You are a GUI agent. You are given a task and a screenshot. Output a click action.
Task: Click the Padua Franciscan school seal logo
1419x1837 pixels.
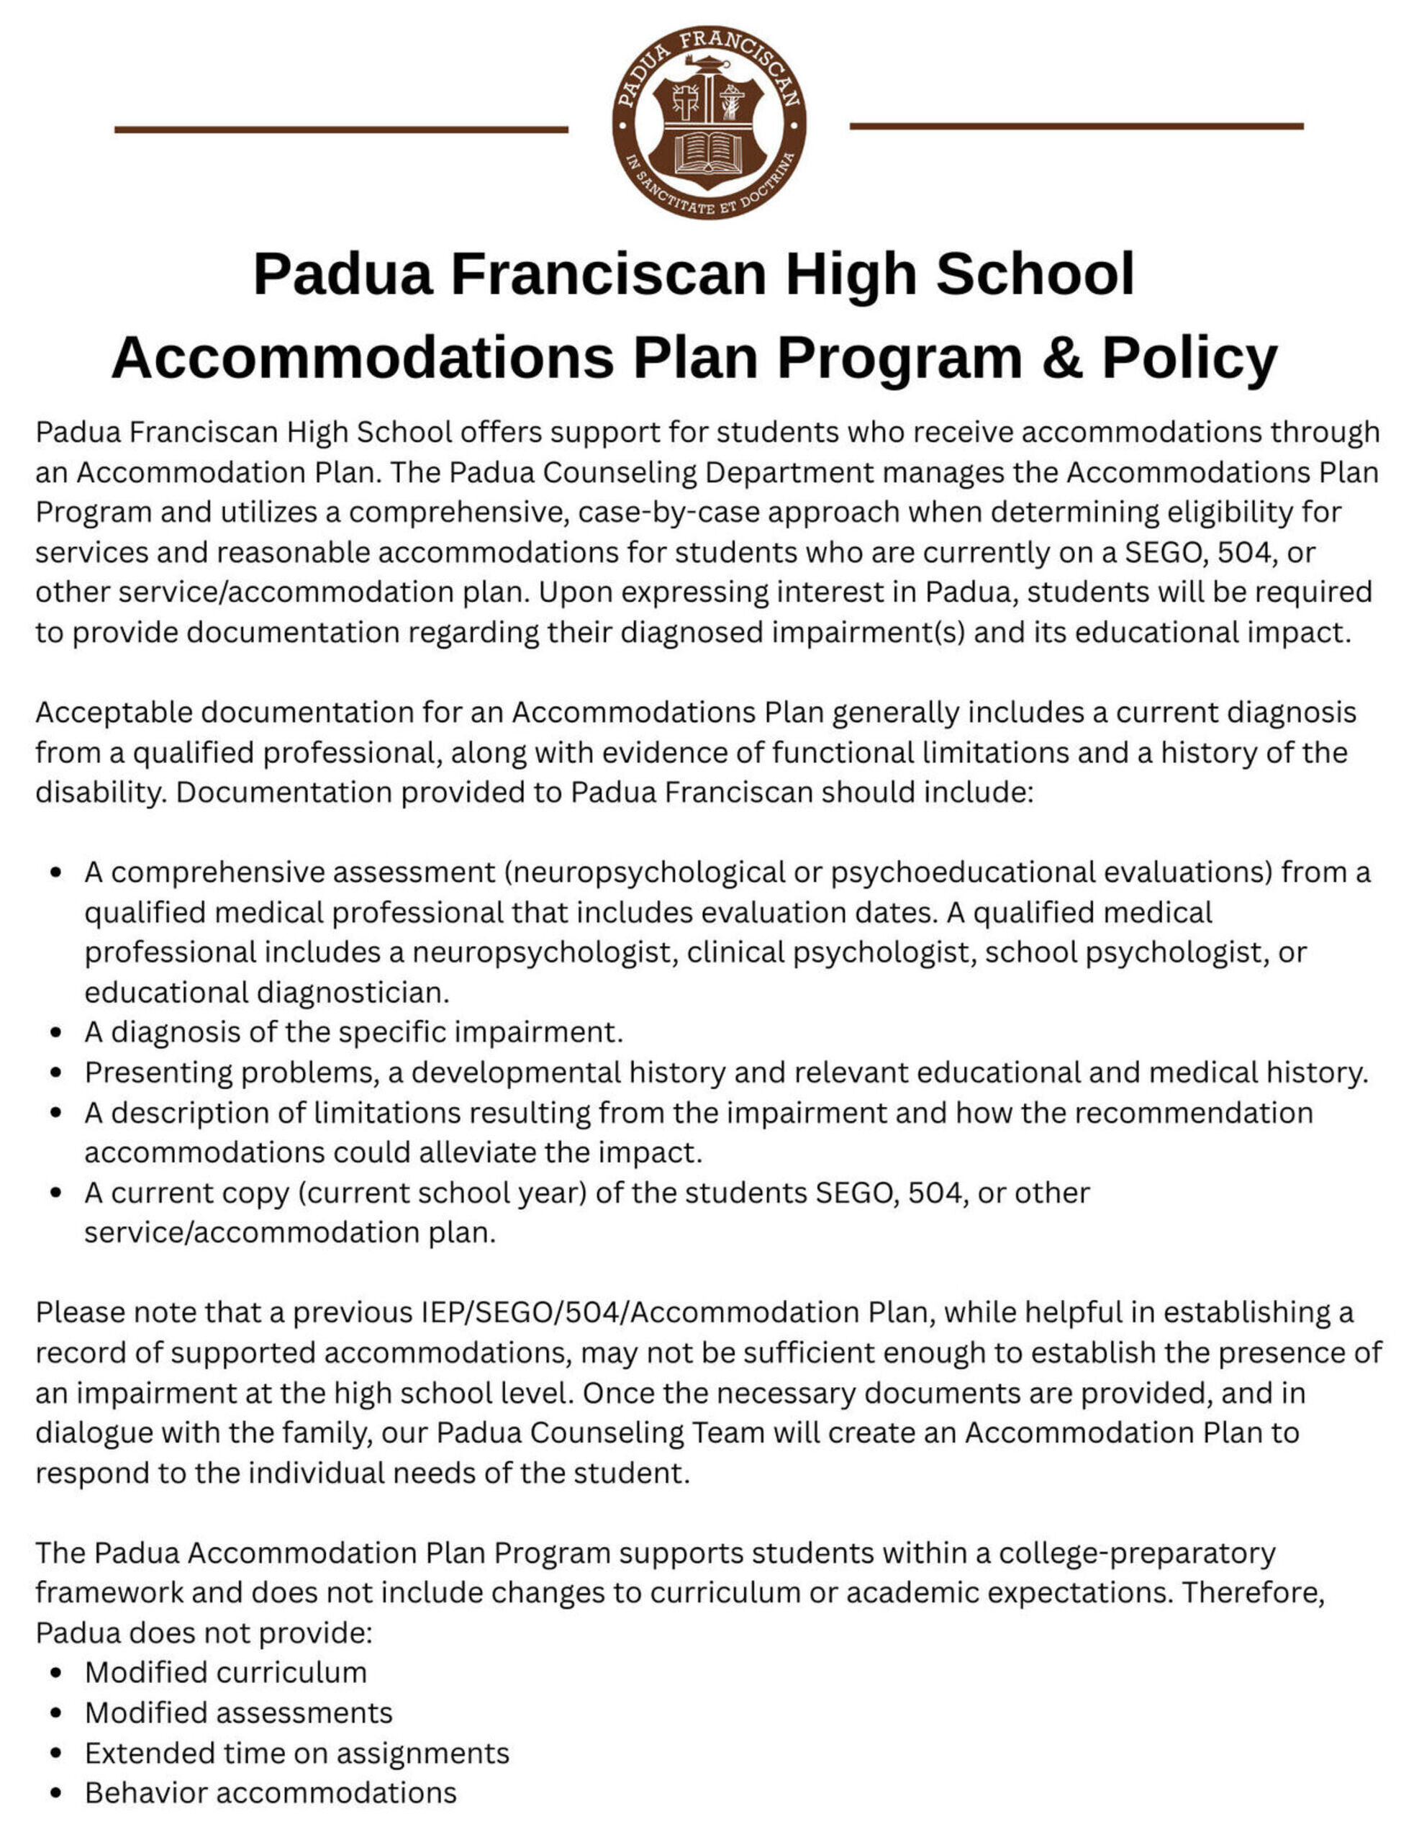[709, 122]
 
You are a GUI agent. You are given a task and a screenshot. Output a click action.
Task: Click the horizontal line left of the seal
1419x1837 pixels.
[340, 130]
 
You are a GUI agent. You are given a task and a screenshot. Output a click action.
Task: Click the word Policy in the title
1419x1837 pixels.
[1189, 358]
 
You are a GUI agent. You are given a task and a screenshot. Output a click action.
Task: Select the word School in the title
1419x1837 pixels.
[1035, 274]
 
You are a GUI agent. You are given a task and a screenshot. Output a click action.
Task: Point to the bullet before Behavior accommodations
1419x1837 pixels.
[56, 1792]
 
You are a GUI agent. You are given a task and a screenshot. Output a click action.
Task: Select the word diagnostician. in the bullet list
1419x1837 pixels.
[353, 993]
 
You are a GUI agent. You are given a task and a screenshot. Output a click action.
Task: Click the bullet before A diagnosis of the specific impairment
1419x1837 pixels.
[56, 1032]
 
